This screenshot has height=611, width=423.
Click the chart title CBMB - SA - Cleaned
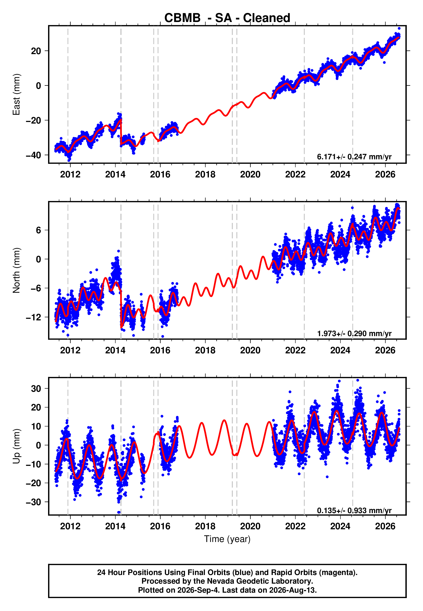coord(227,18)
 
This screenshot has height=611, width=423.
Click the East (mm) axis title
coord(16,94)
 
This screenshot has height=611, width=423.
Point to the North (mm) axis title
coord(16,270)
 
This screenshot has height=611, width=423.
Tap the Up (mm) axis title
coord(16,446)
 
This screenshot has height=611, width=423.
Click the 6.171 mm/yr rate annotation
coord(354,157)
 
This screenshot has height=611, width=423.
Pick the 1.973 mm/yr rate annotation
coord(354,333)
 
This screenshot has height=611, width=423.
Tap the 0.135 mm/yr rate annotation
coord(354,510)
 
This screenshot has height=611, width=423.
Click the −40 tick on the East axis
coord(33,155)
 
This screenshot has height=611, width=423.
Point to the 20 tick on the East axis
coord(36,51)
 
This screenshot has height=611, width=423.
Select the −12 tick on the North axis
coord(33,317)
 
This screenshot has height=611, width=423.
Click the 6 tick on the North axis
coord(39,230)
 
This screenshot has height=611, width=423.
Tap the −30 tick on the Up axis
coord(33,502)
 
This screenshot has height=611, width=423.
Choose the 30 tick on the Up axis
coord(36,389)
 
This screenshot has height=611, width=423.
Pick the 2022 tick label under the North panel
coord(295,350)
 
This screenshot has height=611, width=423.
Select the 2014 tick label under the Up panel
coord(115,526)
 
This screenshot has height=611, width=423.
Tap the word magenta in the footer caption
coord(338,573)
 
